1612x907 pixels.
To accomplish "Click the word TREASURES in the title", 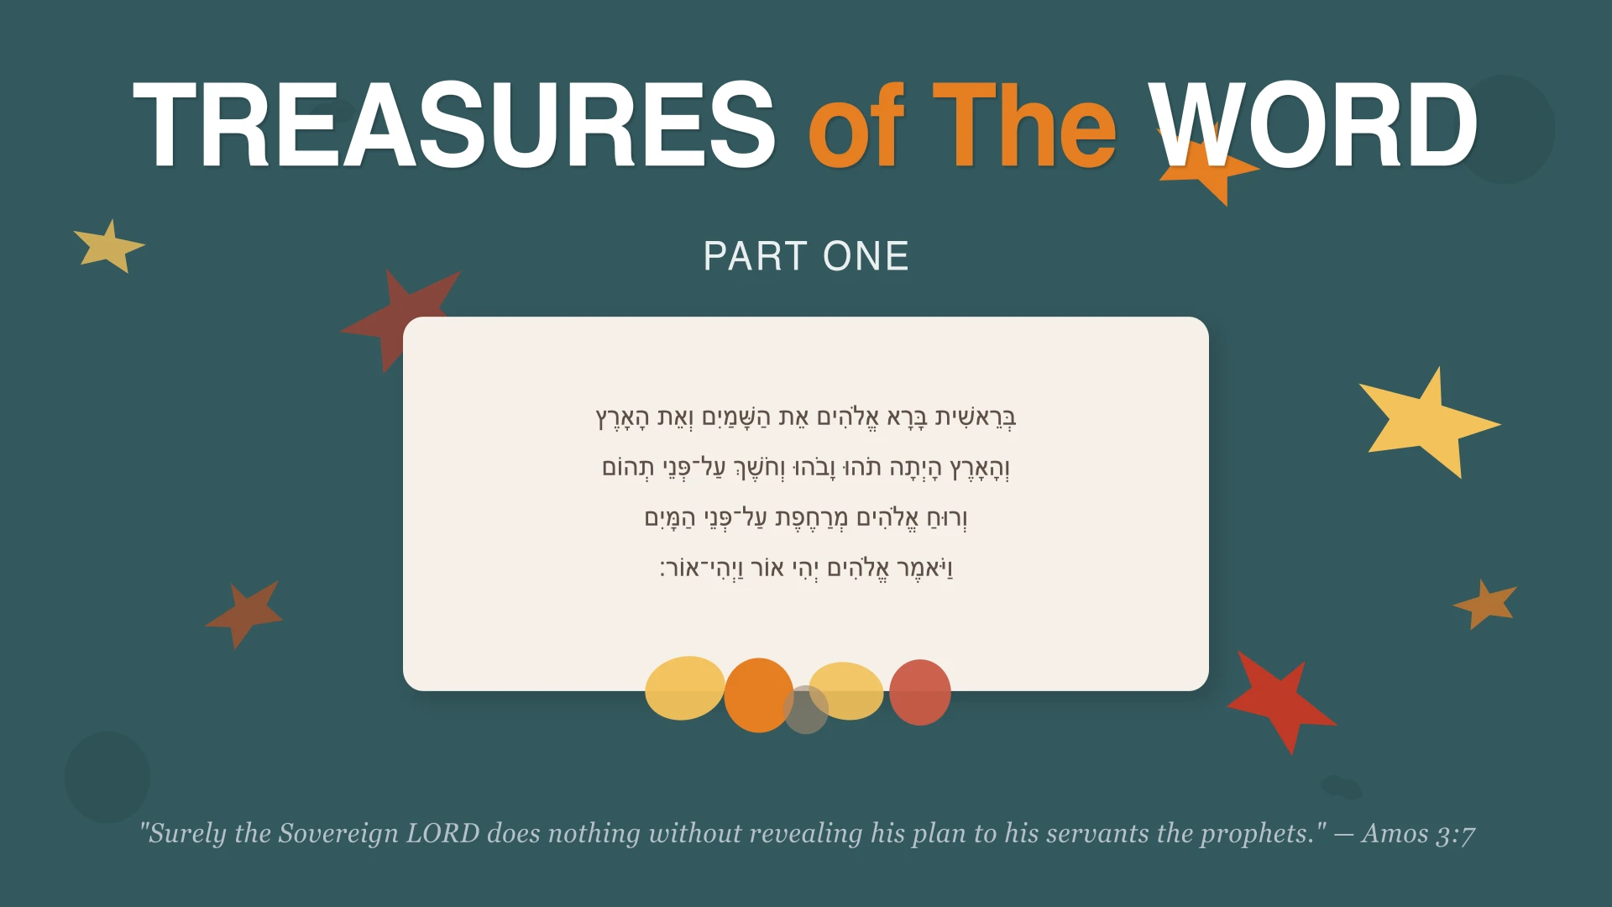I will [453, 126].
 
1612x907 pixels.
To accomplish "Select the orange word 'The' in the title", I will [1024, 126].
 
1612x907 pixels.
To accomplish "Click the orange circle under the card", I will [757, 695].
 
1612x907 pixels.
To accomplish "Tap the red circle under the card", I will [920, 692].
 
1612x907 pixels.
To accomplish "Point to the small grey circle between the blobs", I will [805, 710].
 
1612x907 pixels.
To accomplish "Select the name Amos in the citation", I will [1395, 833].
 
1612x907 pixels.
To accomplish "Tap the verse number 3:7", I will [1456, 835].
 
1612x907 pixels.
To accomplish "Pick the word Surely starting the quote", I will [186, 833].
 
